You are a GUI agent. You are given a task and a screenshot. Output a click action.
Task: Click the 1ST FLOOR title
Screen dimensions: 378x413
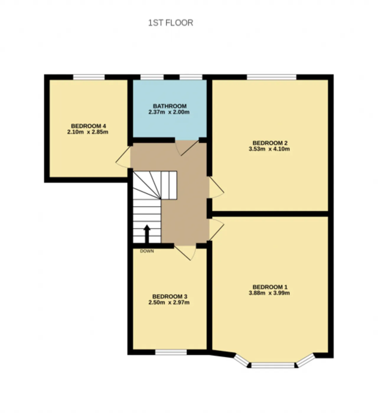171,23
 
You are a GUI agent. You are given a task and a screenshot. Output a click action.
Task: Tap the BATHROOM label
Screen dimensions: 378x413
170,106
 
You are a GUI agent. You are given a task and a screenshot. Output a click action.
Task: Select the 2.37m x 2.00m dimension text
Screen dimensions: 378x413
169,112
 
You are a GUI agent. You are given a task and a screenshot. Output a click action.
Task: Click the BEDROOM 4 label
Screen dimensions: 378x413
89,126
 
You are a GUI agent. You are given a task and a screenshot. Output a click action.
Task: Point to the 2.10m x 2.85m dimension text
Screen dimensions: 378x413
88,132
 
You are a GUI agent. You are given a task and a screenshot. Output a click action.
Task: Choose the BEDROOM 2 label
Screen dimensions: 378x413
270,143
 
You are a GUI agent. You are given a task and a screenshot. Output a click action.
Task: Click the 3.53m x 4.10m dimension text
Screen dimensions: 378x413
269,149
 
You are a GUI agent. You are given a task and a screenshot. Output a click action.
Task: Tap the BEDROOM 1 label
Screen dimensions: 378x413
270,287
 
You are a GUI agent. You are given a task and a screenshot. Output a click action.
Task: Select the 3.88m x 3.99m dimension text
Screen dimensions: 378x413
269,293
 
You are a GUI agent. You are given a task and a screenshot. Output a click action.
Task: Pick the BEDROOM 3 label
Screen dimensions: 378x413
170,297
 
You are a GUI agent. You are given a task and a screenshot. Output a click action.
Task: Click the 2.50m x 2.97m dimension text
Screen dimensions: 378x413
169,302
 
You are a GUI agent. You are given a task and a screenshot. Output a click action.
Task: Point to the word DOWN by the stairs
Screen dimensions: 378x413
147,251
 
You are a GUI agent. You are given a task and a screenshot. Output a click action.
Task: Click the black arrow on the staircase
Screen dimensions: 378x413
147,234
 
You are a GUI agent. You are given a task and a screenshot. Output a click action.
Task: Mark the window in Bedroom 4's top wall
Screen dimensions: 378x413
89,77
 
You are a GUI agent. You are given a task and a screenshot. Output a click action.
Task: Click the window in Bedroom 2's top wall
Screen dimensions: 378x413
271,77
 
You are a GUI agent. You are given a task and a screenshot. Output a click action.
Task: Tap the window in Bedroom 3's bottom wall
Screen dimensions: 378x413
171,353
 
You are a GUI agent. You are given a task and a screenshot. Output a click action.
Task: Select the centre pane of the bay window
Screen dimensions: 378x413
273,366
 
